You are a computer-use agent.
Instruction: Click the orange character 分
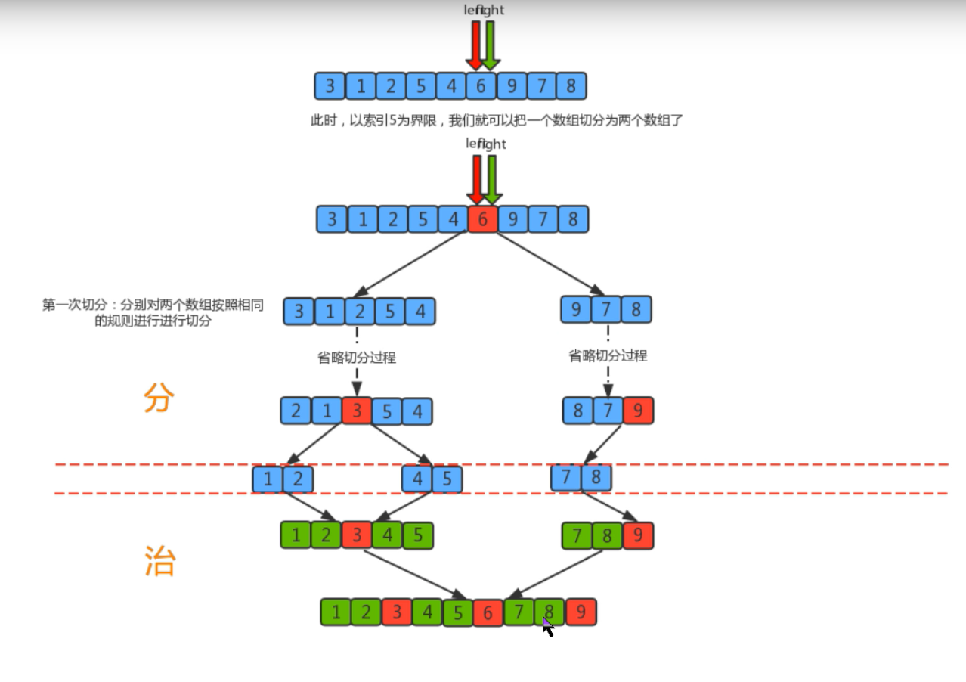[x=159, y=398]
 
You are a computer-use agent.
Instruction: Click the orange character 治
[x=159, y=561]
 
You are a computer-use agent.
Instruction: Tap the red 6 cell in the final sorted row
[x=488, y=612]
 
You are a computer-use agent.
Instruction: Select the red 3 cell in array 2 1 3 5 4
[x=356, y=411]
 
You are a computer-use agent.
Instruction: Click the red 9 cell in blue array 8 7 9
[x=638, y=411]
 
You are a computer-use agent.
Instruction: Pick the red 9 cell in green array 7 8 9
[x=638, y=535]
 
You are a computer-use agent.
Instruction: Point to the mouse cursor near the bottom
[x=548, y=627]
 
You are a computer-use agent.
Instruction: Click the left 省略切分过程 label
[x=356, y=358]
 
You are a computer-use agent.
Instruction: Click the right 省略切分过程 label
[x=608, y=355]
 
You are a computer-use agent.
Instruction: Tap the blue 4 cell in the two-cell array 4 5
[x=417, y=479]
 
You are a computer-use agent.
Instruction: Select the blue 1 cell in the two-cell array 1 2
[x=268, y=479]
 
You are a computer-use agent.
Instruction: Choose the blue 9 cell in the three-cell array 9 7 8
[x=576, y=309]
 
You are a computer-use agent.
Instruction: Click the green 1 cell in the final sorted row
[x=336, y=612]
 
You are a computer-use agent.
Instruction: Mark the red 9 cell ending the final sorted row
[x=581, y=612]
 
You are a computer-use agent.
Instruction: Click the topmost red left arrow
[x=475, y=44]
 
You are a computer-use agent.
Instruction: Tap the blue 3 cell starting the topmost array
[x=330, y=86]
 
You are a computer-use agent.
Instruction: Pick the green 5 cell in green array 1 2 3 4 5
[x=417, y=535]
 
